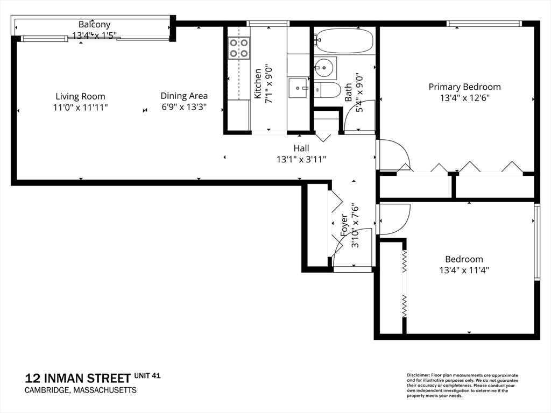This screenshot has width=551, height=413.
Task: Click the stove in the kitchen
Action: (x=238, y=47)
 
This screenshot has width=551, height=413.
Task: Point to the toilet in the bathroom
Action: (x=328, y=90)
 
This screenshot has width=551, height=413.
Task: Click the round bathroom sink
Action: (x=324, y=68)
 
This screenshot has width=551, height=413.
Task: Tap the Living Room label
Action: (x=80, y=96)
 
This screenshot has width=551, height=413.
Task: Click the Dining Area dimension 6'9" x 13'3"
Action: (x=184, y=107)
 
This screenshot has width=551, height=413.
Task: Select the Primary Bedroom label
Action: (x=464, y=87)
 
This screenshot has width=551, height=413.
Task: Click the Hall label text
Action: (x=301, y=148)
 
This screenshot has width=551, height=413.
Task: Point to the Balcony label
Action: (x=94, y=24)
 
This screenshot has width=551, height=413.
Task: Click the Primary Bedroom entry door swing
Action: (x=393, y=156)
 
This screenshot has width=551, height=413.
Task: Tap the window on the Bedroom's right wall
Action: (x=536, y=242)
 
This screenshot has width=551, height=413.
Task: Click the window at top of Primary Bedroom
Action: (x=484, y=23)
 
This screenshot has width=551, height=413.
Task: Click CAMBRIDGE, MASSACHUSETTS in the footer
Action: (x=81, y=390)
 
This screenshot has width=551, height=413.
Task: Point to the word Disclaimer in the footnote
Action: (x=418, y=375)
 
